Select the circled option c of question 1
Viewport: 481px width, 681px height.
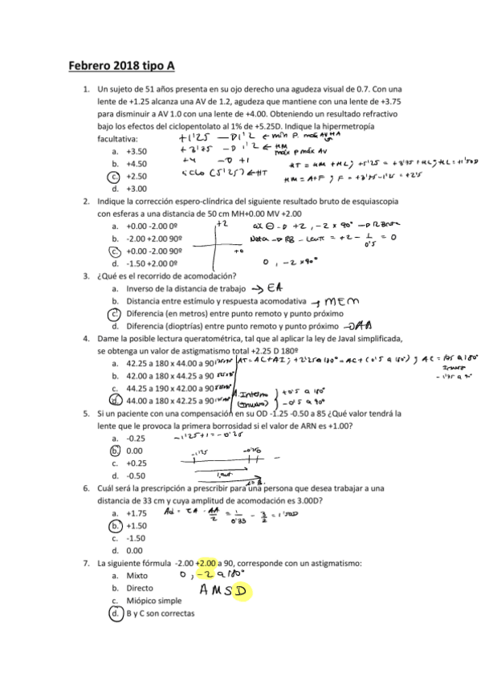click(116, 176)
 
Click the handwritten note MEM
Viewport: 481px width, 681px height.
click(346, 300)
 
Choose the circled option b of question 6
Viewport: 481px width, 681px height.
click(116, 525)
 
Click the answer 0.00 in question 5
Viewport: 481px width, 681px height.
click(135, 451)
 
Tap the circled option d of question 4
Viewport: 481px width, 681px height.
click(116, 400)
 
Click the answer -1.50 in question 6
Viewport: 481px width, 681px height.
click(137, 538)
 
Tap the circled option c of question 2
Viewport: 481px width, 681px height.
click(116, 251)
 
